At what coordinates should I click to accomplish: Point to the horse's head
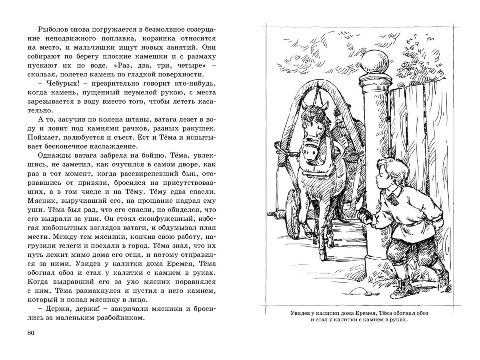point(315,132)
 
